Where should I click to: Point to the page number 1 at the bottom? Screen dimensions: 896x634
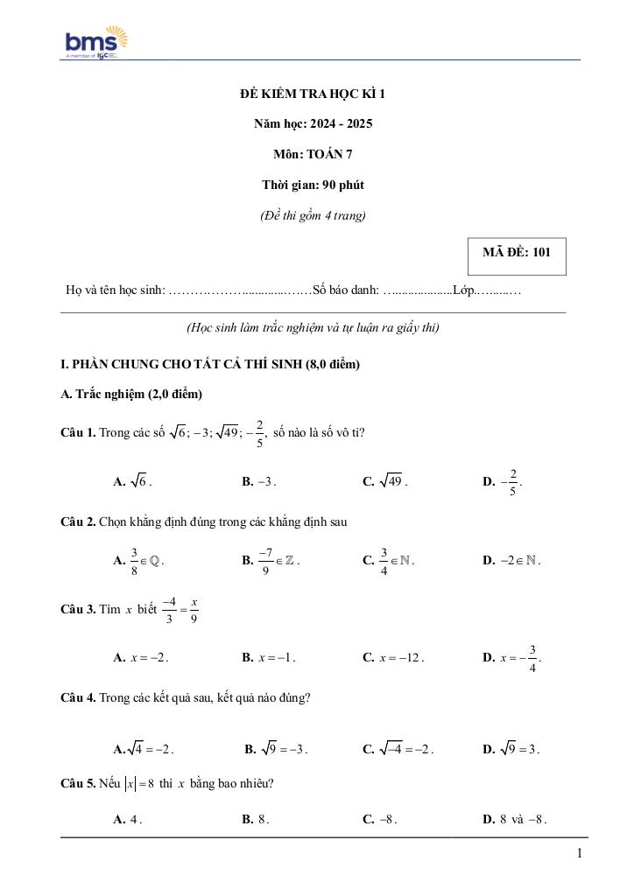pos(580,854)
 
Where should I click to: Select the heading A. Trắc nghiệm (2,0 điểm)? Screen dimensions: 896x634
pos(131,395)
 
